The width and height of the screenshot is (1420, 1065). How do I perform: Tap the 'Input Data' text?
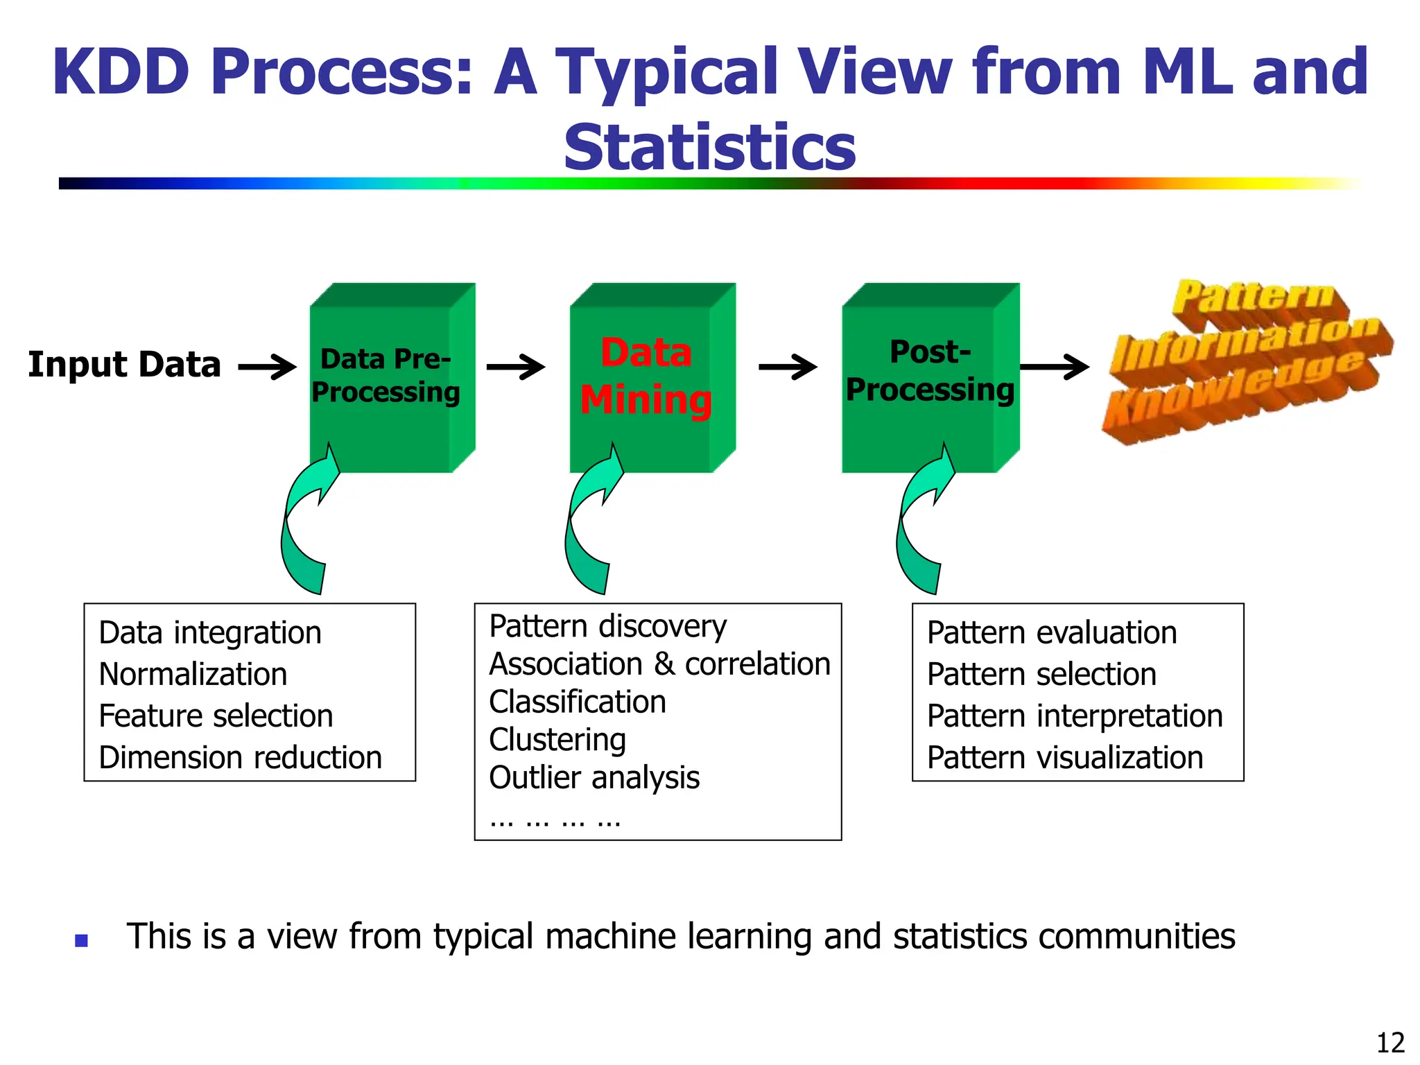(124, 365)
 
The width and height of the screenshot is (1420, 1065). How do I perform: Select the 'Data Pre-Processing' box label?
(386, 376)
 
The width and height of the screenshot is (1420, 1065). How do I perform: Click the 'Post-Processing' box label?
(930, 371)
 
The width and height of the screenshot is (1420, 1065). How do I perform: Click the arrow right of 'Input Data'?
(267, 367)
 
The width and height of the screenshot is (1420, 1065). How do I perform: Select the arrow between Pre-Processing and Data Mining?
(515, 367)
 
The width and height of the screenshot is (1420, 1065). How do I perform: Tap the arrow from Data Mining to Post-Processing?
(788, 367)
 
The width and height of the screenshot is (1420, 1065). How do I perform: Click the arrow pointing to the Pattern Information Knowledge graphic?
(1054, 367)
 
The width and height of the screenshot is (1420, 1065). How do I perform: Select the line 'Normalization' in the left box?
(193, 675)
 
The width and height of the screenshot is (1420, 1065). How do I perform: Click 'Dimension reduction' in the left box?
(240, 758)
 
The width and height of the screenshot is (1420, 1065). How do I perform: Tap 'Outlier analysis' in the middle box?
(594, 778)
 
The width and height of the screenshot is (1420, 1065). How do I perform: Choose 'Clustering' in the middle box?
(557, 740)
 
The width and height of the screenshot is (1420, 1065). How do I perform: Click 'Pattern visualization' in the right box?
(1065, 758)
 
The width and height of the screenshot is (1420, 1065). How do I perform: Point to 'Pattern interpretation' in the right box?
(1075, 716)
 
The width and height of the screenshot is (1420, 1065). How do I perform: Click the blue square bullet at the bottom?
(82, 941)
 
